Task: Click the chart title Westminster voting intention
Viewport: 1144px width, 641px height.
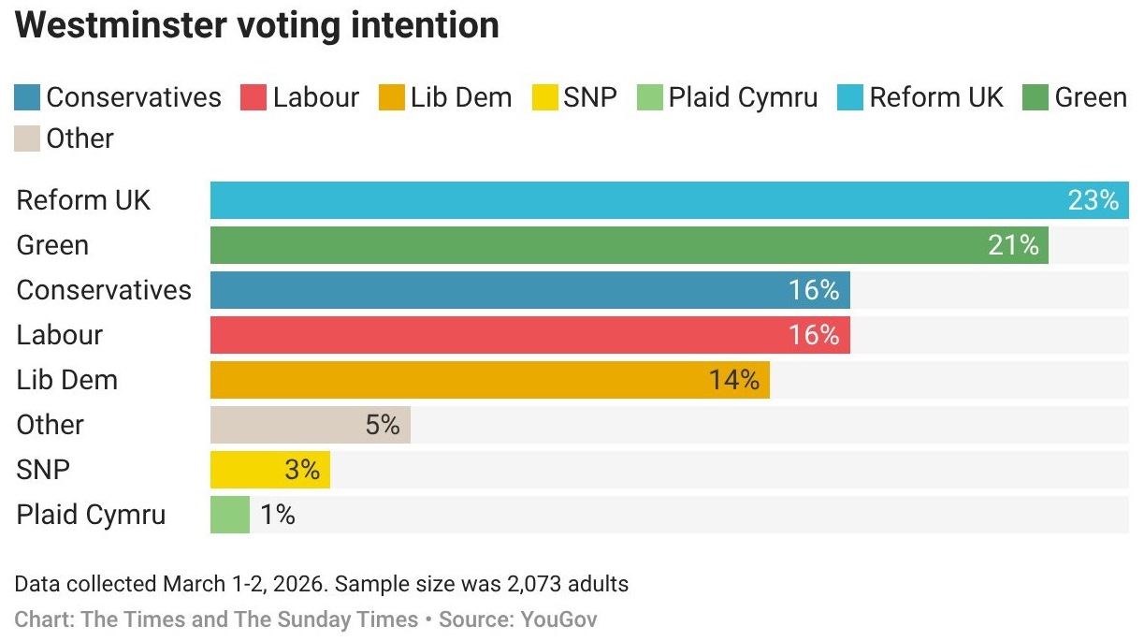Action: [x=257, y=25]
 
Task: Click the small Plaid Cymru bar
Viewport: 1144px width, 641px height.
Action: [x=230, y=515]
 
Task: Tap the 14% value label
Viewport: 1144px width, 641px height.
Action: [x=733, y=380]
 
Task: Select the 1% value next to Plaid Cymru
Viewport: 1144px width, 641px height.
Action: [x=278, y=515]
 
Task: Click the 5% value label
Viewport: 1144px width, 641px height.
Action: [x=383, y=425]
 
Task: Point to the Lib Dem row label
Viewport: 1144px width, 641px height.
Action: [x=67, y=380]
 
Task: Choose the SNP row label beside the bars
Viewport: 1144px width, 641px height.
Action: [x=43, y=470]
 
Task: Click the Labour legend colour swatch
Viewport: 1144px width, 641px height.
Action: [x=253, y=97]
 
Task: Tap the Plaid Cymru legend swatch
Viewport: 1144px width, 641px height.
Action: [x=649, y=97]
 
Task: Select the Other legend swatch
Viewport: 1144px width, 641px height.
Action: [x=28, y=138]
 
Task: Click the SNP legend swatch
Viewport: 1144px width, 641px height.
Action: [x=544, y=97]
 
